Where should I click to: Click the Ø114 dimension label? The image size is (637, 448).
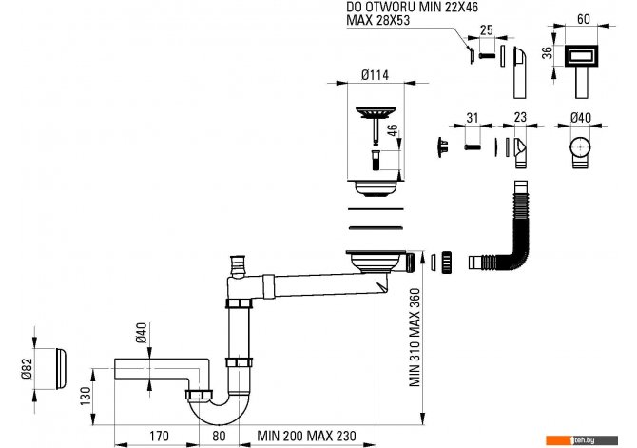point(375,75)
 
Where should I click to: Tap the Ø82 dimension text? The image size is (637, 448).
point(27,369)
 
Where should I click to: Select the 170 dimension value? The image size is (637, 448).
point(159,436)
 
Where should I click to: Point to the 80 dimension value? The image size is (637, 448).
point(219,436)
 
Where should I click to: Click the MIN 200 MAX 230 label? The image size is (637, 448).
point(307,436)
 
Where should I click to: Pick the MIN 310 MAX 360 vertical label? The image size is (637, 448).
point(415,338)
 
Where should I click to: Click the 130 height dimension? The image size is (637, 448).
point(86,397)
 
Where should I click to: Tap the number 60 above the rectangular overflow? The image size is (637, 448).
point(584,19)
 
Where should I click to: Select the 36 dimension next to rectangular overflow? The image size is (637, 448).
point(548,53)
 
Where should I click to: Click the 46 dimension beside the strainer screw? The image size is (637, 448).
point(392,131)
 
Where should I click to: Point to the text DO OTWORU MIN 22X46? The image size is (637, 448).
point(413,7)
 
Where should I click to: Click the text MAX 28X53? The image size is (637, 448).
point(378,20)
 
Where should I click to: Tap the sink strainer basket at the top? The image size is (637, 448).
point(376,112)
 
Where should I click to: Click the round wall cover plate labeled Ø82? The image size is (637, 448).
point(61,369)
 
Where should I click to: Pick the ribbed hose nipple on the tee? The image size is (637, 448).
point(237,266)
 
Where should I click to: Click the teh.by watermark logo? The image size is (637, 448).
point(581,440)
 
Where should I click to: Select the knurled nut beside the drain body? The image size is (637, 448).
point(447,263)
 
